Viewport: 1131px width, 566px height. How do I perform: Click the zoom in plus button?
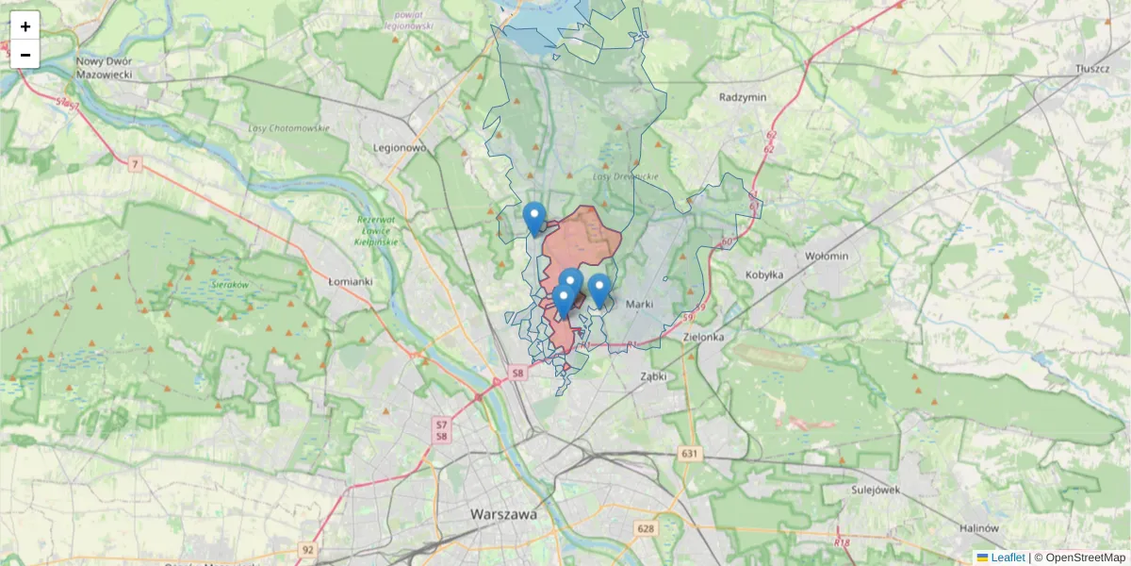(25, 26)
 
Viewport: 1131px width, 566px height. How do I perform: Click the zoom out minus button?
(25, 55)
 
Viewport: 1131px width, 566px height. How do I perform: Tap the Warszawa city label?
(502, 514)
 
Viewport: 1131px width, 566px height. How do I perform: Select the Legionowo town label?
(400, 148)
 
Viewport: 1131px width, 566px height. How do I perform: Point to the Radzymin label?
(743, 97)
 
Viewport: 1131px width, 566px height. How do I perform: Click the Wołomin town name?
(827, 256)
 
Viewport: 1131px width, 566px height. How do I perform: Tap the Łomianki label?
(351, 281)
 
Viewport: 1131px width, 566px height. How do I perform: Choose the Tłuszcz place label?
(1094, 70)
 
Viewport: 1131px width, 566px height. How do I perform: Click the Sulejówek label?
(874, 490)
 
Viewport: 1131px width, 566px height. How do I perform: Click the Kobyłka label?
(764, 275)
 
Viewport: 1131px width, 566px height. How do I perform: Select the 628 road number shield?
(646, 528)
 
